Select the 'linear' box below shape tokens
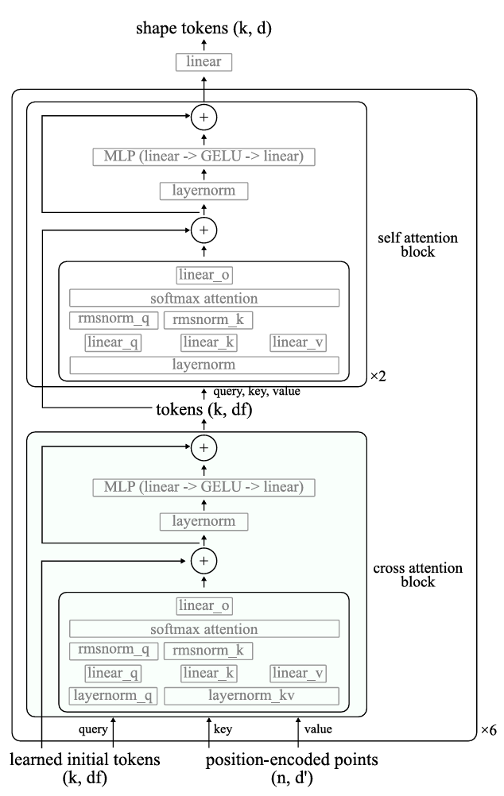(x=204, y=61)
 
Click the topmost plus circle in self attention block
(x=204, y=117)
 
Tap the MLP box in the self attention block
(x=204, y=156)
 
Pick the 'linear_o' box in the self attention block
(x=204, y=275)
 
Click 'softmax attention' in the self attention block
(x=204, y=298)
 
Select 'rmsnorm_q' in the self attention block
(x=113, y=320)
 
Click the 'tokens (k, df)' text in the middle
(x=204, y=411)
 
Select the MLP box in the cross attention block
(x=204, y=487)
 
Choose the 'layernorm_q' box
(x=113, y=696)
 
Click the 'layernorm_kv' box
(x=251, y=696)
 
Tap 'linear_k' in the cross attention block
(x=208, y=674)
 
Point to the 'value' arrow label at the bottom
(x=317, y=728)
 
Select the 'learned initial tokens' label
(x=86, y=760)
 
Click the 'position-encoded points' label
(x=292, y=760)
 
